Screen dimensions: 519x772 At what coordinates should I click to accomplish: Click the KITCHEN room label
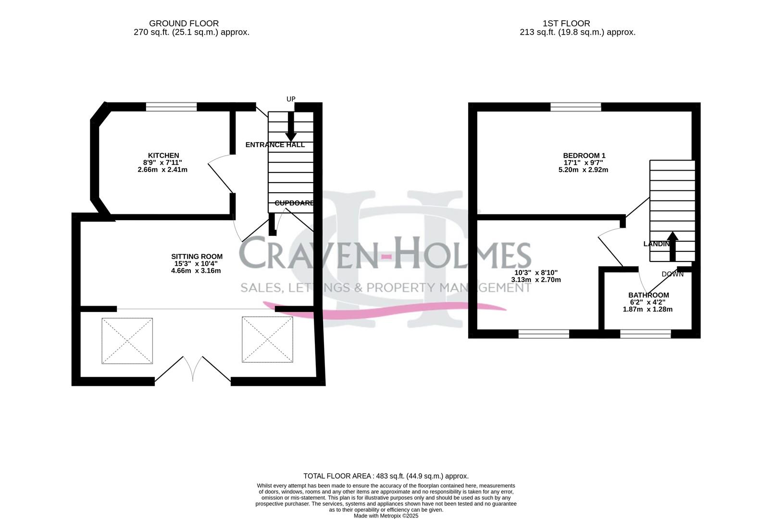pos(163,155)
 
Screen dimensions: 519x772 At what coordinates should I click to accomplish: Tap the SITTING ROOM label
pos(197,257)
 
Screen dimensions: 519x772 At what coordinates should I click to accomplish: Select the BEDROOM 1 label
pos(584,156)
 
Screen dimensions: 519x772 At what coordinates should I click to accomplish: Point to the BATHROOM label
pos(648,295)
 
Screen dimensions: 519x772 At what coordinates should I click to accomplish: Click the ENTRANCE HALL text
pos(275,145)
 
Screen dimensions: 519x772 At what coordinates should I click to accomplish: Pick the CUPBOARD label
pos(294,203)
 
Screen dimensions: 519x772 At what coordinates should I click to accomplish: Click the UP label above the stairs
pos(291,99)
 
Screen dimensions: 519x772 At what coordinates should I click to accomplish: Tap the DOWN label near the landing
pos(672,274)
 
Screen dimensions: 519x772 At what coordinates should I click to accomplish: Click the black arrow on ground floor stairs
pos(291,126)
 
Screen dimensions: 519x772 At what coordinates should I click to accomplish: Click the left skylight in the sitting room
pos(127,341)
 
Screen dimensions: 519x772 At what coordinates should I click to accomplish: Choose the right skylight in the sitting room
pos(267,339)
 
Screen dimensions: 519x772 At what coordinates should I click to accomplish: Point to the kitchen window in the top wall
pos(172,107)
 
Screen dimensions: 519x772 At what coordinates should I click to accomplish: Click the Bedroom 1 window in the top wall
pos(575,107)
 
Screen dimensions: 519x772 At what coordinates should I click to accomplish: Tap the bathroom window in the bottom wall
pos(645,334)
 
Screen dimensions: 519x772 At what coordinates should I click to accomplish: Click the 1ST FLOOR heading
pos(566,23)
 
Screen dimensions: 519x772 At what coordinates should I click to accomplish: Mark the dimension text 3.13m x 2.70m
pos(535,280)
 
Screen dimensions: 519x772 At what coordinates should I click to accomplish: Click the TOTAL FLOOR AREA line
pos(386,476)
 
